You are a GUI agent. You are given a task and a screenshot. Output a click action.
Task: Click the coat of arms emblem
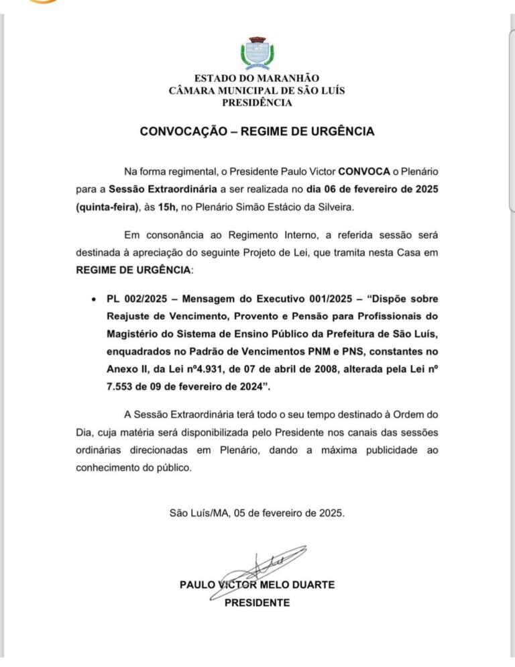click(x=257, y=54)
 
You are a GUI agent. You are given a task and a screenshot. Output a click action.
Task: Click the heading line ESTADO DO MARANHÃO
click(x=257, y=79)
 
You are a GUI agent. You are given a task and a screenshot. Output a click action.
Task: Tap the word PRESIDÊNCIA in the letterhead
click(x=257, y=103)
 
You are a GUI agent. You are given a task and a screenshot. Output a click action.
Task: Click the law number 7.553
click(x=123, y=385)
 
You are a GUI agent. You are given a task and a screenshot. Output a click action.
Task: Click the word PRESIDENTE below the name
click(x=257, y=603)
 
